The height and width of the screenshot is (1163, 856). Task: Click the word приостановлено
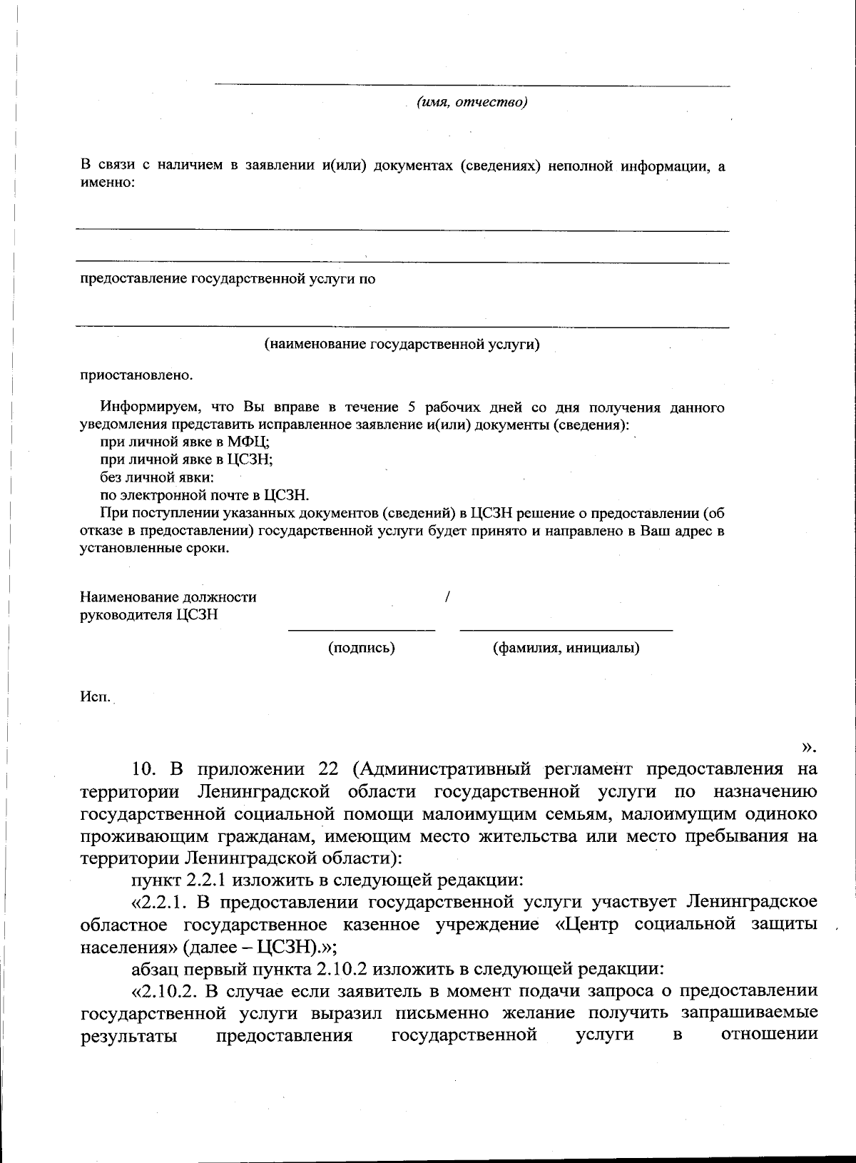click(x=136, y=375)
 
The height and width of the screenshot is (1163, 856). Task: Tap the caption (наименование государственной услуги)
click(x=402, y=345)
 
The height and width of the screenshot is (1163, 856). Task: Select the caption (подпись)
click(x=361, y=648)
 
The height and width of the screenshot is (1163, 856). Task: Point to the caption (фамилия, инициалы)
click(x=566, y=648)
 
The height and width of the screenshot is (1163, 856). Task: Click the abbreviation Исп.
click(x=94, y=696)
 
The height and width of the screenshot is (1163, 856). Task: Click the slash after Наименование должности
click(x=447, y=596)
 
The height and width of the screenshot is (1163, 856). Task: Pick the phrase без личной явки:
click(x=157, y=477)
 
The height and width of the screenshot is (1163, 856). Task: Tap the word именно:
click(x=107, y=183)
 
